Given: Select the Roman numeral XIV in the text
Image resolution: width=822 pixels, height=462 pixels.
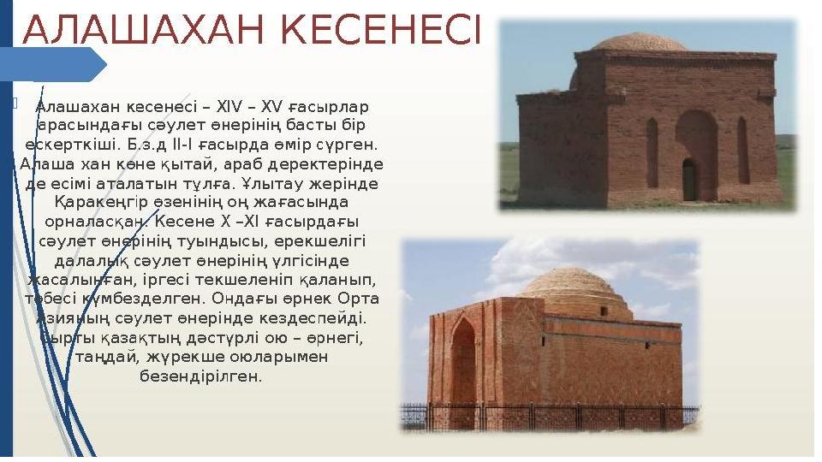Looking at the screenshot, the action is click(x=229, y=107).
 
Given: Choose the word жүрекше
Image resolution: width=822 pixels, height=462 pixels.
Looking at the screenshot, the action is click(x=179, y=358).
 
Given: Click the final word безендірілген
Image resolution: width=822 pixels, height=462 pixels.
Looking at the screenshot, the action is click(x=200, y=376).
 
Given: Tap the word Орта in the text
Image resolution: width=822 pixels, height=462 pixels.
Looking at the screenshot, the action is click(x=358, y=299).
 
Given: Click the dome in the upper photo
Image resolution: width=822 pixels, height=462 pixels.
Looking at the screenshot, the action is click(x=639, y=41).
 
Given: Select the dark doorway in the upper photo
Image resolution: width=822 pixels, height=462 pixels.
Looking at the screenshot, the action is click(x=690, y=180).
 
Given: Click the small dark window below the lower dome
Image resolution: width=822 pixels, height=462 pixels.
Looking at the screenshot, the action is click(x=604, y=311).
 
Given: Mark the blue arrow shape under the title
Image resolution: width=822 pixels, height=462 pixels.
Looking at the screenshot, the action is click(x=53, y=64).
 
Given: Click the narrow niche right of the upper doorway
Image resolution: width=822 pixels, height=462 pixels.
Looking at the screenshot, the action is click(x=743, y=150).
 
